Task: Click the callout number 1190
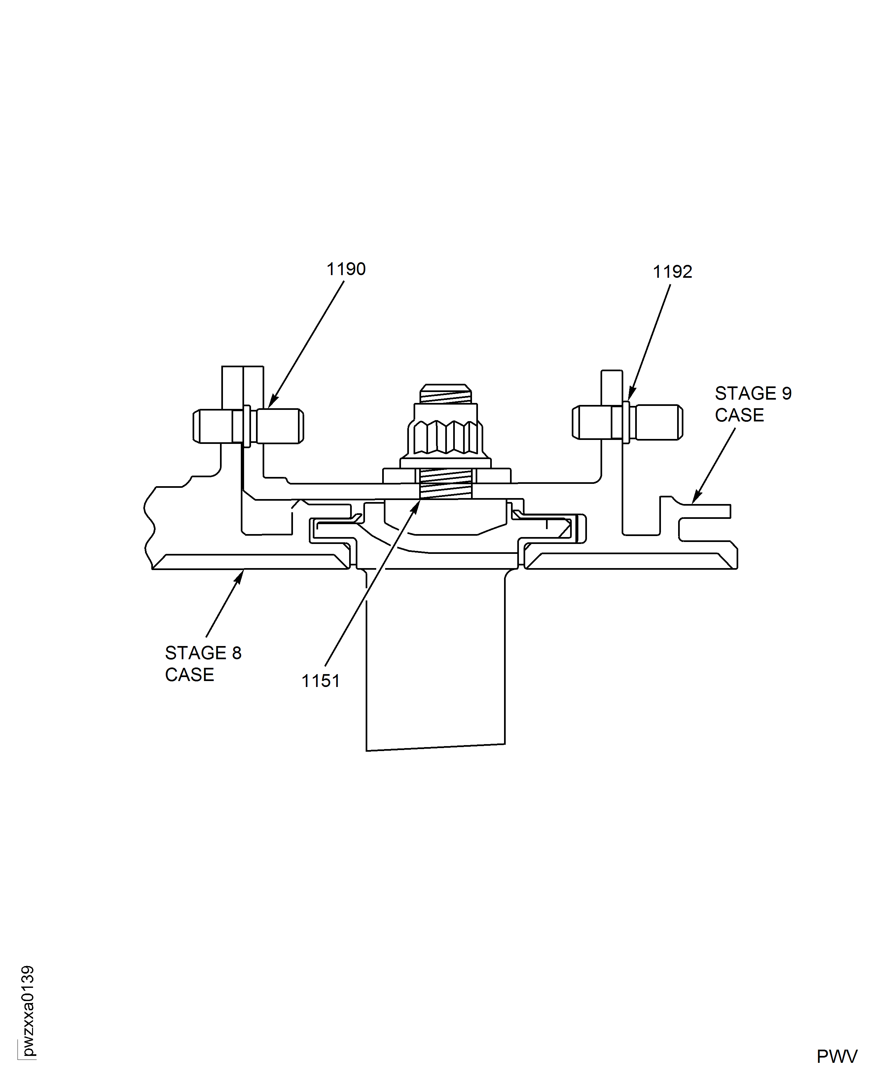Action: (346, 269)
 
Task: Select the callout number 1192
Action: (673, 271)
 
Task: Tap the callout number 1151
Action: (320, 681)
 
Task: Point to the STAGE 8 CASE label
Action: (203, 664)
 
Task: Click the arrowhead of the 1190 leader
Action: (272, 401)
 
